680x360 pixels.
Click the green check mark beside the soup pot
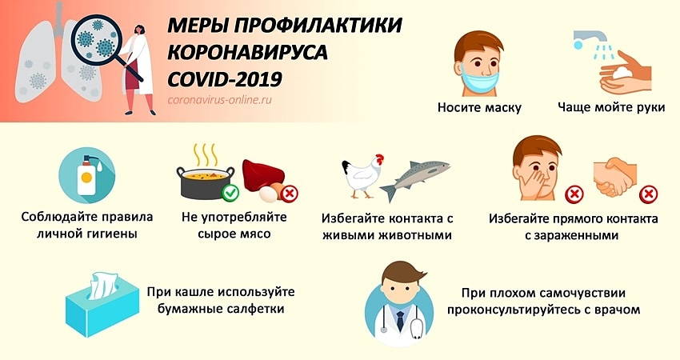[x=230, y=193]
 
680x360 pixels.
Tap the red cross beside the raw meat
[x=290, y=193]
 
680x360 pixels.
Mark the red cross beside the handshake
[x=650, y=193]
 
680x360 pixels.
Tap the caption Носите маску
[x=479, y=108]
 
